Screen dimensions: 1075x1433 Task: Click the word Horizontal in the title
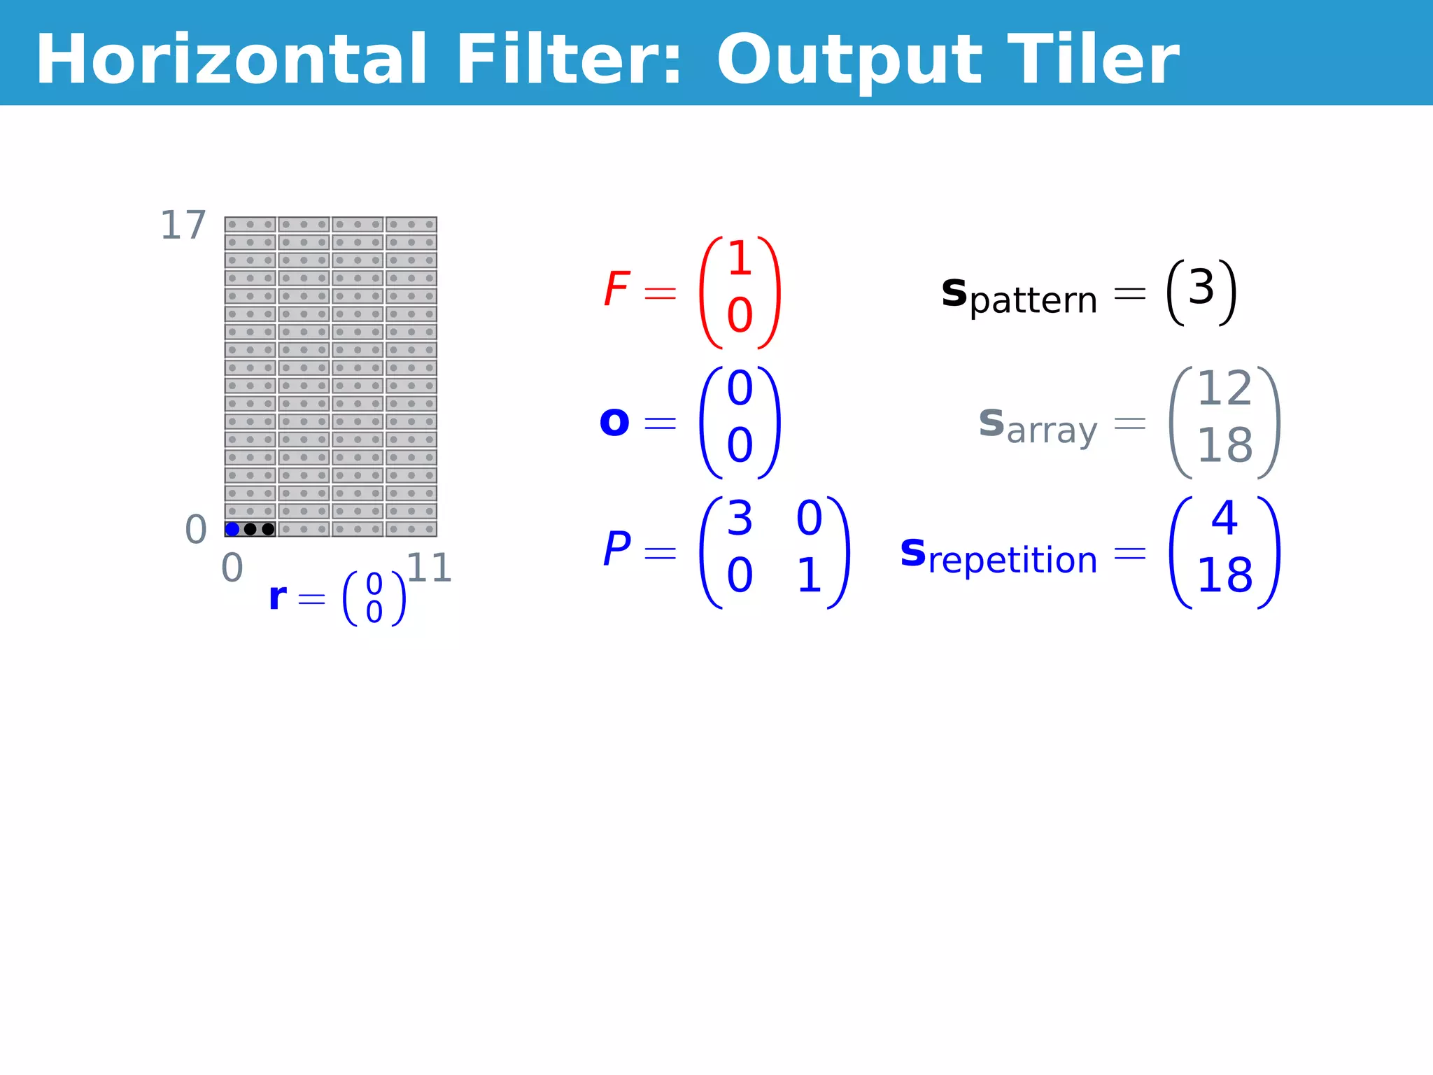tap(231, 59)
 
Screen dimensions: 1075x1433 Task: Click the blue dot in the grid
tap(232, 529)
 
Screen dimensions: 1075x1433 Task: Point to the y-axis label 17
tap(183, 225)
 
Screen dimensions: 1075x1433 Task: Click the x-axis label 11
tap(428, 568)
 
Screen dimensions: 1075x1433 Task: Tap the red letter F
tap(616, 289)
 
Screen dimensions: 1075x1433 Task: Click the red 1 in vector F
tap(740, 259)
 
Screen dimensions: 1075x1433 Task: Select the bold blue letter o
tap(614, 422)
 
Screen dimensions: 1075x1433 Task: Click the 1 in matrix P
tap(809, 576)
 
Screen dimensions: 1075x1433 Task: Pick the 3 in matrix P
tap(740, 519)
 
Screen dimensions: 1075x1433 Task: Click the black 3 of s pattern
tap(1201, 287)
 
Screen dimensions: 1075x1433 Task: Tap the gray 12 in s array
tap(1224, 388)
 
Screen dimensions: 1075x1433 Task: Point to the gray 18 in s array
tap(1224, 445)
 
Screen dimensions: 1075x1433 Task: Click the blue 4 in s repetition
tap(1224, 519)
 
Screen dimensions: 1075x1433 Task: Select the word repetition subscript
tap(1012, 561)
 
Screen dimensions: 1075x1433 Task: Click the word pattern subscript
tap(1033, 301)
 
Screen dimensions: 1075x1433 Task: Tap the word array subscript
tap(1052, 430)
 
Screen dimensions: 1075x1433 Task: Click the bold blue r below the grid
tap(277, 597)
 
